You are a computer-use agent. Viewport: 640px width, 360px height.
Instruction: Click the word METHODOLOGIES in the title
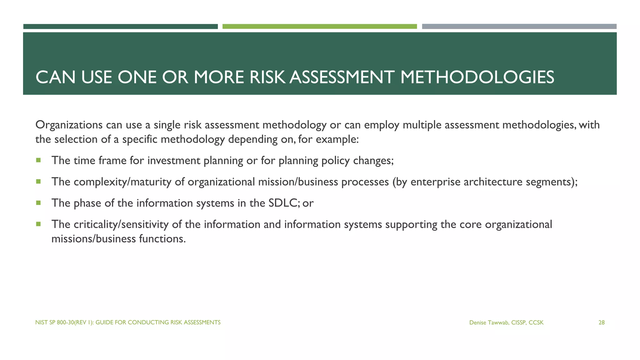pos(477,77)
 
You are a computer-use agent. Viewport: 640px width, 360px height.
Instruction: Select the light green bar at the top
pos(319,27)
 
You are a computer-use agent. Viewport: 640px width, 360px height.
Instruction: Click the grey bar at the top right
pos(519,27)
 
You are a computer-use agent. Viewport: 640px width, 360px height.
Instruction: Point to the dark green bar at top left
pos(120,27)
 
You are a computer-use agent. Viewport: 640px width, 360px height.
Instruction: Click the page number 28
pos(601,322)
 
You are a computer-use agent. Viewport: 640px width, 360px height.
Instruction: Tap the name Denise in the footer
pos(477,322)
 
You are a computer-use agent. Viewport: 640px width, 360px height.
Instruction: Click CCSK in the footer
pos(536,322)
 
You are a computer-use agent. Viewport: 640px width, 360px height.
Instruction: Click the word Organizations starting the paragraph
pos(69,125)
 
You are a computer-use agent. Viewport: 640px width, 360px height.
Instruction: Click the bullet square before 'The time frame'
pos(38,160)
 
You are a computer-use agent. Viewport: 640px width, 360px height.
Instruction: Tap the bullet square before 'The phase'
pos(38,203)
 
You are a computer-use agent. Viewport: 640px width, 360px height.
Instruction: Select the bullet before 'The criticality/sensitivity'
pos(38,224)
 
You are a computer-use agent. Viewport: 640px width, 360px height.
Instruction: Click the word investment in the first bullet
pos(174,161)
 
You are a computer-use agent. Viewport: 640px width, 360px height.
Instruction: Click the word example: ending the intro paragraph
pos(337,139)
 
